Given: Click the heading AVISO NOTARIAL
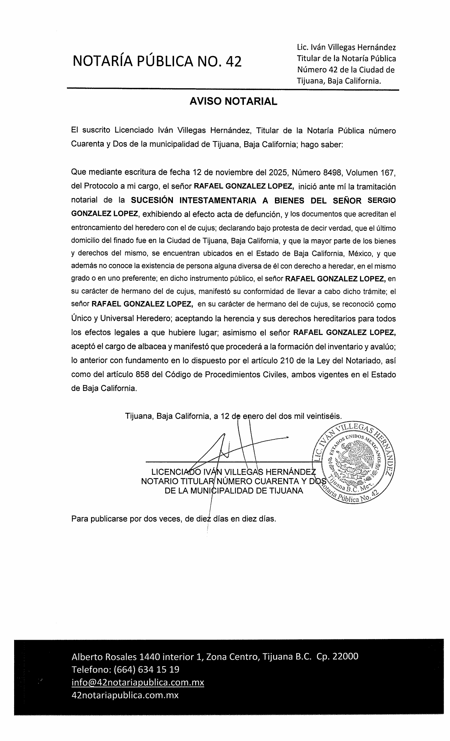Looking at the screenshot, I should point(233,102).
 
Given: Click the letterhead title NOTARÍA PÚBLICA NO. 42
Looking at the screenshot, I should point(157,61).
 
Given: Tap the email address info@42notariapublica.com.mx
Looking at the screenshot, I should point(138,682).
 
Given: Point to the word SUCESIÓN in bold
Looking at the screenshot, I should point(152,200).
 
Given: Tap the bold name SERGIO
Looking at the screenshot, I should point(382,200).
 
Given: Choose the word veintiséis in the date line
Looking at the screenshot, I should point(324,416).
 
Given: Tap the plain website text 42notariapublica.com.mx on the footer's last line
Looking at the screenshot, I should point(125,695).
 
